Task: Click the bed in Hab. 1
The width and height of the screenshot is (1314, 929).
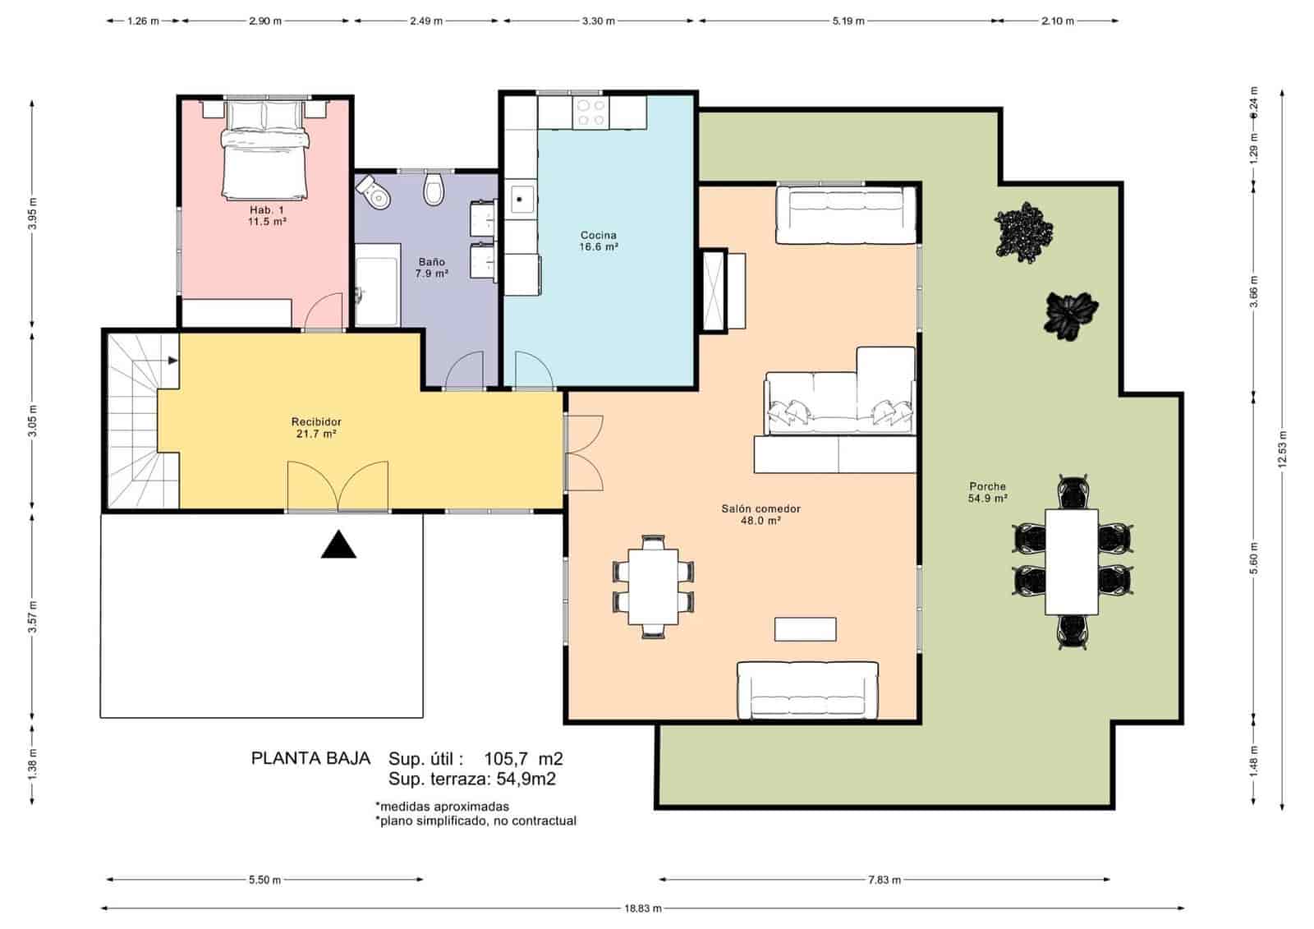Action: [x=265, y=152]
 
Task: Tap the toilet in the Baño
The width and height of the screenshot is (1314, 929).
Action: [x=434, y=191]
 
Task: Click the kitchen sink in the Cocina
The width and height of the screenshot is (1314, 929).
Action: [x=520, y=199]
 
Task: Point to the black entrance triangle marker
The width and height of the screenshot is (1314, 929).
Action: [x=338, y=545]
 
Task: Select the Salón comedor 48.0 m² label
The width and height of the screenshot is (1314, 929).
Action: [x=760, y=514]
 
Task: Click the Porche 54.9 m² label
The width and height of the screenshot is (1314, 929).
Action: [x=987, y=492]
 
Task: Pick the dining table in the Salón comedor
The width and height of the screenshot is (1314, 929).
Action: [x=654, y=586]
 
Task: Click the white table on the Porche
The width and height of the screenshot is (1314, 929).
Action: [x=1072, y=561]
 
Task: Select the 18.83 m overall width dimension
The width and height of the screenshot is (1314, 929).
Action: [x=642, y=908]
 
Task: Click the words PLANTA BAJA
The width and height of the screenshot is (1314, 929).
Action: [x=310, y=759]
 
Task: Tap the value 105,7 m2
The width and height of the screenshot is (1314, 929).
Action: [x=523, y=759]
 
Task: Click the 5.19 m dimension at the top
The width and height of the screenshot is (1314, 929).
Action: [x=848, y=21]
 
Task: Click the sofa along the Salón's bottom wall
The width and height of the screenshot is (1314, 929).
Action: [x=807, y=691]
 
